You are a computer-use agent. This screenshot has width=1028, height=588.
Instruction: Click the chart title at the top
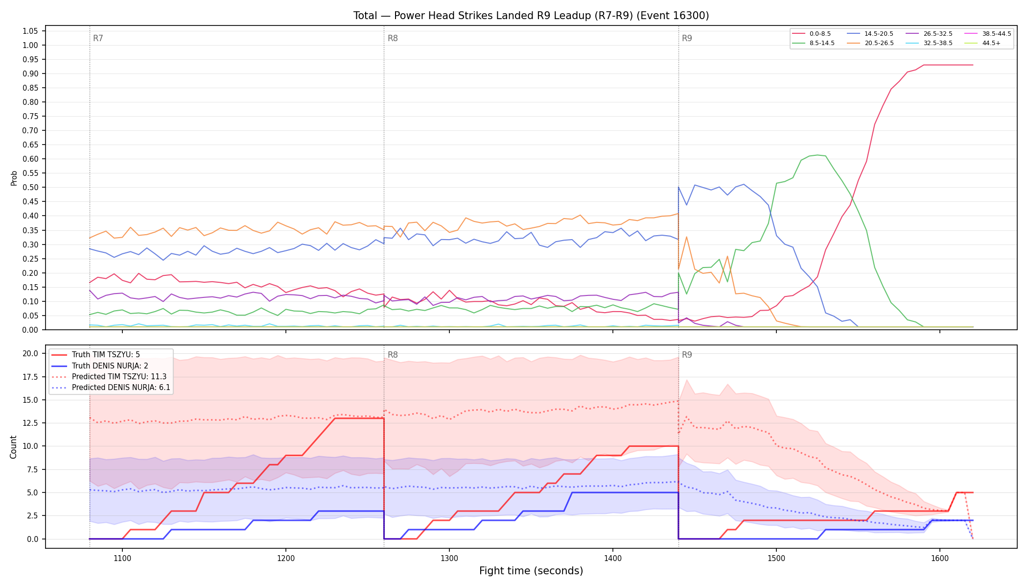pos(531,16)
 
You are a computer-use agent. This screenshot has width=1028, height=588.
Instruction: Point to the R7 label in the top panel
pos(98,38)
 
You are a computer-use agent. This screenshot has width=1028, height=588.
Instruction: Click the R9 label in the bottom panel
pos(687,355)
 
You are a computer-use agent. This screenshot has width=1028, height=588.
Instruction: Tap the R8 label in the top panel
pos(393,38)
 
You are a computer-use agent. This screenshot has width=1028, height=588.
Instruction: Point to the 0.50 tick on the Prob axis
pos(30,188)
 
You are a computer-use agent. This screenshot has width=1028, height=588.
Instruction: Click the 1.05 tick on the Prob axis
pos(30,31)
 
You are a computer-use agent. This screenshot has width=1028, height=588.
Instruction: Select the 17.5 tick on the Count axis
pos(30,377)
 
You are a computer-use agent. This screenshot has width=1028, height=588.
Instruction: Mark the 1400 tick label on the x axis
pos(613,558)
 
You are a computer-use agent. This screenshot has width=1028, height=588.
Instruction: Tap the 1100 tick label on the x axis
pos(122,558)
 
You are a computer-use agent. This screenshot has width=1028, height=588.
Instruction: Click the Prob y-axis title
pos(14,178)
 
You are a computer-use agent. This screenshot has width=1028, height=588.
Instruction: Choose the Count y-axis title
pos(13,447)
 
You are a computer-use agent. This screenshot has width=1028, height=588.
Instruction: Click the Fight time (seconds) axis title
pos(531,571)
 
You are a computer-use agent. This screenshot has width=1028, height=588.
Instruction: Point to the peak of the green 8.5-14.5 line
pos(818,155)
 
